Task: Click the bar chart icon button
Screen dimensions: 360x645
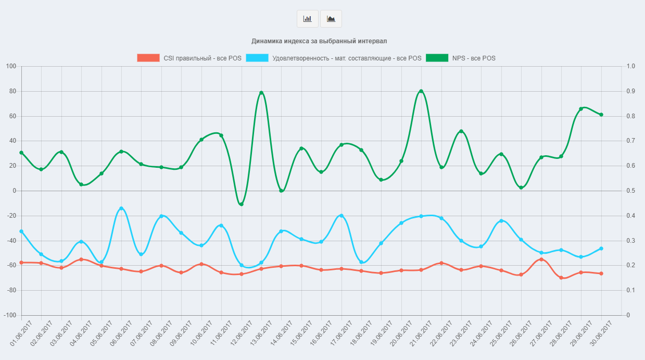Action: [307, 19]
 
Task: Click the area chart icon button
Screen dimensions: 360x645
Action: [331, 19]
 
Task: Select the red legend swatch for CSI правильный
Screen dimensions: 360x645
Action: [148, 58]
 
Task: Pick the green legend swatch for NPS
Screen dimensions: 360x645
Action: [437, 58]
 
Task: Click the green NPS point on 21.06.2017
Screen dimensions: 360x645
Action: [421, 91]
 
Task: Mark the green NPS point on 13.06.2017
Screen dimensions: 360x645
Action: [261, 93]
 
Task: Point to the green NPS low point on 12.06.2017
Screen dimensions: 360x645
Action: [241, 204]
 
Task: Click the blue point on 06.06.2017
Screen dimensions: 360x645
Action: [121, 208]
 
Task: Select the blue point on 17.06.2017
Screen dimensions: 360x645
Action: [342, 216]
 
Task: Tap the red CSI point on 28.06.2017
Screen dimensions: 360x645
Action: [561, 278]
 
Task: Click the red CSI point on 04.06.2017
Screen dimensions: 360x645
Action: [81, 259]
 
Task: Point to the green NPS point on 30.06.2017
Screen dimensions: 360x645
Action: [601, 115]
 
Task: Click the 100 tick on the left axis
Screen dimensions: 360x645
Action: [11, 66]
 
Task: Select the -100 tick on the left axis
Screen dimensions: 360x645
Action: [10, 315]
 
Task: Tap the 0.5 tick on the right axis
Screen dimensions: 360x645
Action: [631, 191]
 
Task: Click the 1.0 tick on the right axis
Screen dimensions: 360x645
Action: [631, 66]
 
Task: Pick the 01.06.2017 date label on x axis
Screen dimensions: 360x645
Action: [21, 334]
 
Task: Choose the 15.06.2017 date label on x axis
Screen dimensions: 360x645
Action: [301, 334]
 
